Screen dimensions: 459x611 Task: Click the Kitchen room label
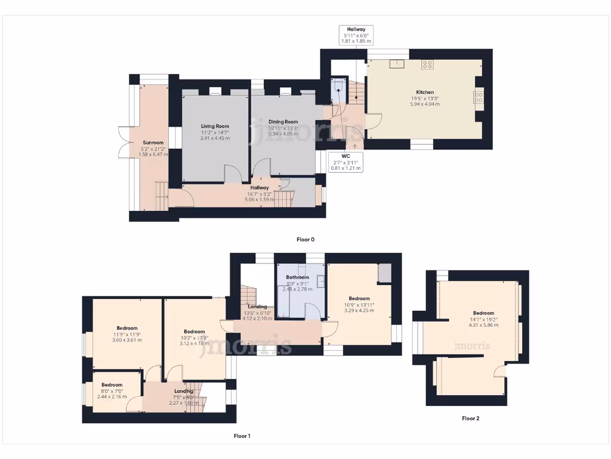[424, 92]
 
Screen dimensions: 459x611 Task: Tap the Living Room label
[215, 126]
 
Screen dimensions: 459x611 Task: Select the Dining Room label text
[283, 122]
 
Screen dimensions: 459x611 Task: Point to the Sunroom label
[153, 143]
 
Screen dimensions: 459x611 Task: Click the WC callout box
[346, 161]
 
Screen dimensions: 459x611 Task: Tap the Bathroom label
[297, 277]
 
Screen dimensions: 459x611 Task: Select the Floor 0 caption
[305, 239]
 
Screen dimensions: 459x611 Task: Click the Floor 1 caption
[242, 436]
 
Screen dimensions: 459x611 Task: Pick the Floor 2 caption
[470, 418]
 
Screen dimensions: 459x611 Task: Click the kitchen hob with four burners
[427, 64]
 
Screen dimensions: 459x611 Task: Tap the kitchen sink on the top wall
[397, 64]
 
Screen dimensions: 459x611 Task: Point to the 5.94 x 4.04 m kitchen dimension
[424, 104]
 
